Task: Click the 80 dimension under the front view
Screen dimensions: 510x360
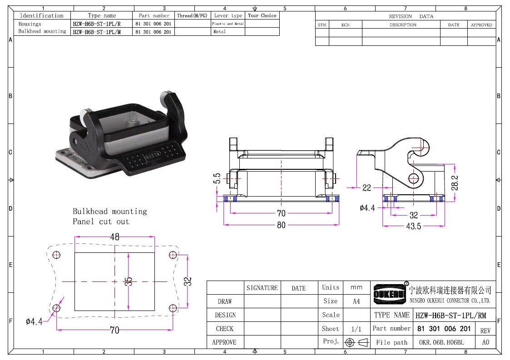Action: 282,225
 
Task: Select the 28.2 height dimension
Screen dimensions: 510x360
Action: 455,183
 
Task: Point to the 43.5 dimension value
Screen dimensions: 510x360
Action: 413,226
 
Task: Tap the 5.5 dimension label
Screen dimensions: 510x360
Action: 217,178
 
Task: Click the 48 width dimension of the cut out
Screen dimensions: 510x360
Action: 114,237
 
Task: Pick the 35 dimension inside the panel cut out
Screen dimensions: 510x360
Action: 129,281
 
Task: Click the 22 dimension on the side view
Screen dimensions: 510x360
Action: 366,187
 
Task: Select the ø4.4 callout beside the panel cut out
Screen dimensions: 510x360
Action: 34,321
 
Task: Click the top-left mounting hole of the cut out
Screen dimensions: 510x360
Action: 57,255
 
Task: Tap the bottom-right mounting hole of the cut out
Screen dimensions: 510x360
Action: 173,308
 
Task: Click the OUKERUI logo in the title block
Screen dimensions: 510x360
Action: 390,294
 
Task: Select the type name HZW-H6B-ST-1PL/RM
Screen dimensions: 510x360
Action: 451,315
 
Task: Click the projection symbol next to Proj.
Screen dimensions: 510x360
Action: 357,342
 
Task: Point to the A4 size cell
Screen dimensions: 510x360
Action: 357,301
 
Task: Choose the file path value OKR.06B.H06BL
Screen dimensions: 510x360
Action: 441,342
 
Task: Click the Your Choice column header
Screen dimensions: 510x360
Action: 262,15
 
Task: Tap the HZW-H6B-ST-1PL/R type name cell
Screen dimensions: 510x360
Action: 97,24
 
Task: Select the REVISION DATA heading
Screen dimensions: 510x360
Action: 411,16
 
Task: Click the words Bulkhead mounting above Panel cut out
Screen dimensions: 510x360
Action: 110,212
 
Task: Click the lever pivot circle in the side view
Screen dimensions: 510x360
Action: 413,178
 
